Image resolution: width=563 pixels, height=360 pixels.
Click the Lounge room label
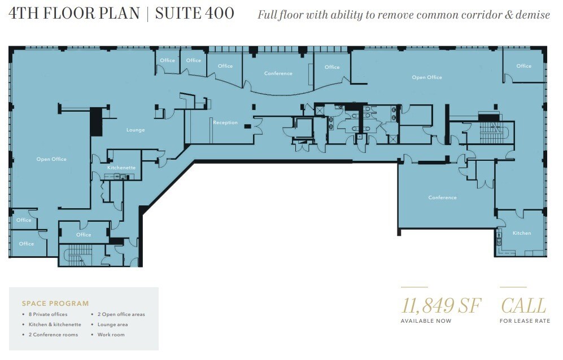tap(136, 130)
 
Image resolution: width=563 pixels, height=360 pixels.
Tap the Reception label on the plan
tap(225, 122)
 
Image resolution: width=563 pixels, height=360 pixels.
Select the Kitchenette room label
tap(121, 168)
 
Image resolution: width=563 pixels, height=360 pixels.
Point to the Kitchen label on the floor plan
tap(521, 233)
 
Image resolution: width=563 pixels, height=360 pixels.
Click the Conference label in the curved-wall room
tap(278, 73)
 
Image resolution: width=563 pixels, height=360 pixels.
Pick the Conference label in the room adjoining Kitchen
tap(442, 197)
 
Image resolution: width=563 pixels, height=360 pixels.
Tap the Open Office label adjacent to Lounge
tap(51, 159)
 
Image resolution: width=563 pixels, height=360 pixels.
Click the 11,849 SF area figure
tap(441, 306)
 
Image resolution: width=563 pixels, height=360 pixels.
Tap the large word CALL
tap(523, 306)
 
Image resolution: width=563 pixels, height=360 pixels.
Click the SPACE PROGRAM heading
tap(55, 304)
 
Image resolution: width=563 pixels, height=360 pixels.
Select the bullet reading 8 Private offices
tap(48, 314)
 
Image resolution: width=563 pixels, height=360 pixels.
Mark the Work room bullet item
tap(111, 335)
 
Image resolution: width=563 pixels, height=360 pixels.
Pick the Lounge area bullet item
tap(112, 324)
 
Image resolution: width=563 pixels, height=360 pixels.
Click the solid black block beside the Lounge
tap(97, 122)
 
